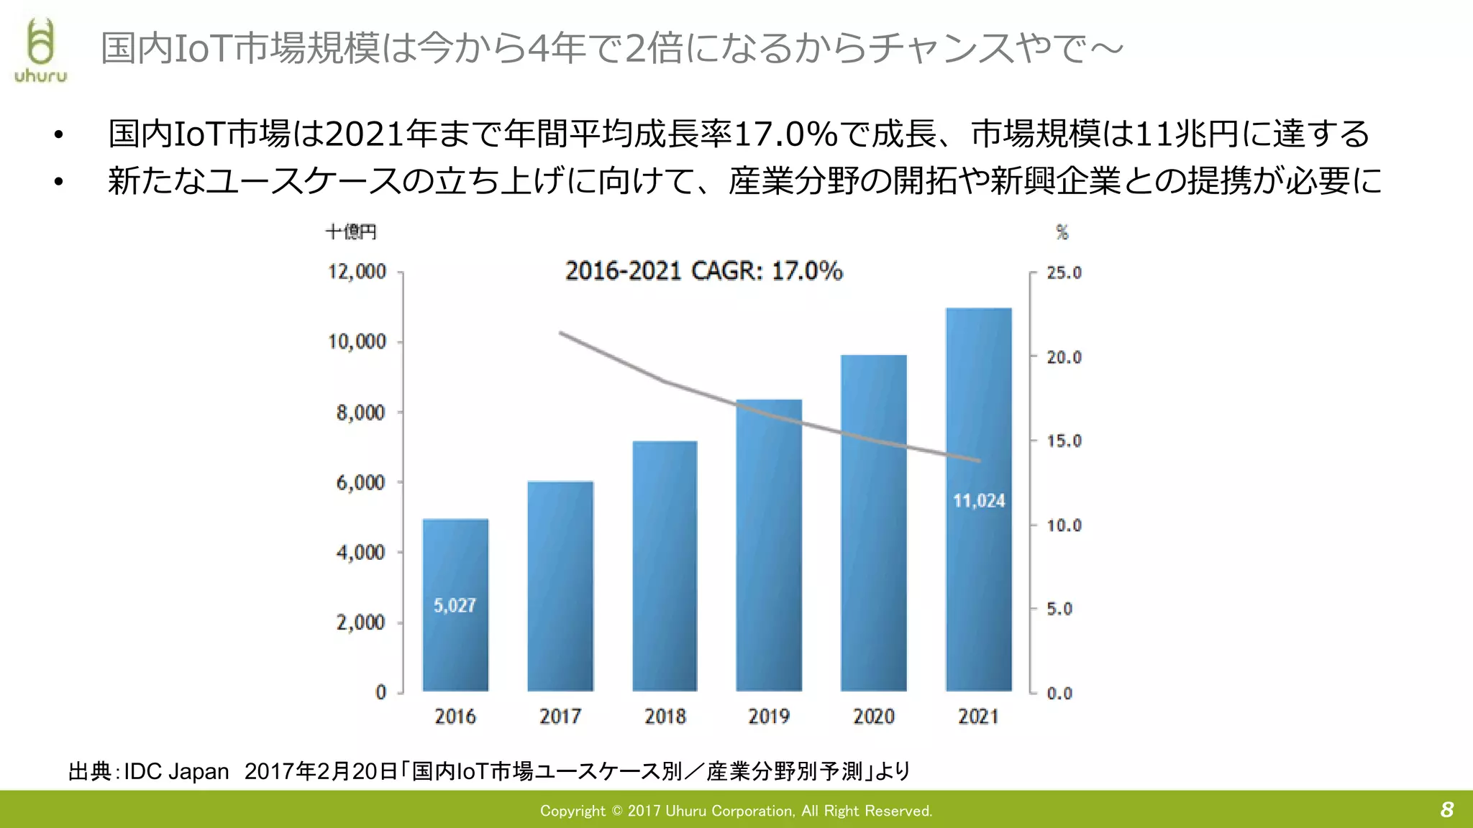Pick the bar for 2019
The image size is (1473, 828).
(x=769, y=546)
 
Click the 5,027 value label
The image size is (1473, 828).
(x=455, y=606)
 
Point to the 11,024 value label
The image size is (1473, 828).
(x=979, y=501)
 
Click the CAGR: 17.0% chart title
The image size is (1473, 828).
(x=703, y=271)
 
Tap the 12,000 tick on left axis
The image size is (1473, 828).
(x=357, y=272)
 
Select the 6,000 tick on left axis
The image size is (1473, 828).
(x=360, y=482)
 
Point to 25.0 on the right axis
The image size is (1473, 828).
(x=1064, y=272)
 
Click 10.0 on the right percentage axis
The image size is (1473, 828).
(x=1064, y=525)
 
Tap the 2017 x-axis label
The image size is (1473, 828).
(x=560, y=717)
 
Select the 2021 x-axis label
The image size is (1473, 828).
(x=978, y=717)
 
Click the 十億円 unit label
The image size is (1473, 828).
(x=351, y=232)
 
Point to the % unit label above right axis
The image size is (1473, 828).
(x=1062, y=232)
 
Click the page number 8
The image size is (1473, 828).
(x=1447, y=810)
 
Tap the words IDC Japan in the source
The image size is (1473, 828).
(x=176, y=771)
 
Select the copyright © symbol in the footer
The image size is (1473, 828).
(x=616, y=811)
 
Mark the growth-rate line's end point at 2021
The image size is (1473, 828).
(x=979, y=461)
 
